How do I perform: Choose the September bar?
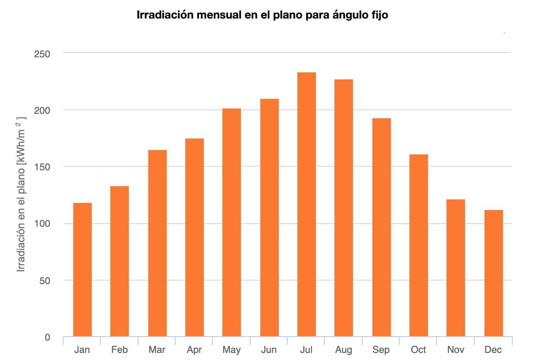coord(381,227)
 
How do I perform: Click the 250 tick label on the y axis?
coord(42,54)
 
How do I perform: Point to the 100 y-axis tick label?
coord(42,224)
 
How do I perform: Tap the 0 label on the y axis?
coord(47,337)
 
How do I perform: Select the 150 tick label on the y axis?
coord(42,167)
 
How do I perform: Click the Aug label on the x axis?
coord(344,350)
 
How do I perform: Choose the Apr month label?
coord(194,350)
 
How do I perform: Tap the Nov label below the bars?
coord(456,350)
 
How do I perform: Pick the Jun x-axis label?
coord(269,350)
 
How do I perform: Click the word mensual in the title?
coord(220,15)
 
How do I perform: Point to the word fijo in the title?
coord(378,15)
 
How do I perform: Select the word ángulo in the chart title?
coord(344,15)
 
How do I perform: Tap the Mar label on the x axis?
coord(157,350)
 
